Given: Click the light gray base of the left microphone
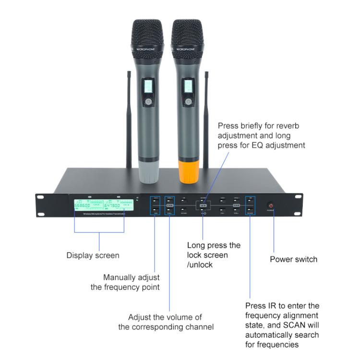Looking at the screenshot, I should (148, 171).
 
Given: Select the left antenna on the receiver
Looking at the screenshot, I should (129, 120).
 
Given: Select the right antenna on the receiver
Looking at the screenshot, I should (206, 120).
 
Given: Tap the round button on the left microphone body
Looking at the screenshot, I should (148, 102).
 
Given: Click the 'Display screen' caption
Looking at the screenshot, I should (93, 255).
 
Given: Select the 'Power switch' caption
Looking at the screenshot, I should (293, 259).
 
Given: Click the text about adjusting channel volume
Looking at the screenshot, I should (166, 322).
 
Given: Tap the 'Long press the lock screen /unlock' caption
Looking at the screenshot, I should (214, 255).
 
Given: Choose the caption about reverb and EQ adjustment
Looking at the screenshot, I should (261, 135).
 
